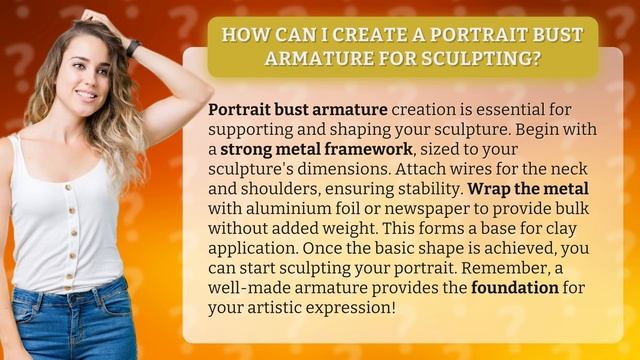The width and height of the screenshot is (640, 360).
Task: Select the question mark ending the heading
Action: pyautogui.click(x=541, y=58)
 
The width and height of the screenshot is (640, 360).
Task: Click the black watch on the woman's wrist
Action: pyautogui.click(x=132, y=48)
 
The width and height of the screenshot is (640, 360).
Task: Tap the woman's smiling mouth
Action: pyautogui.click(x=87, y=95)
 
